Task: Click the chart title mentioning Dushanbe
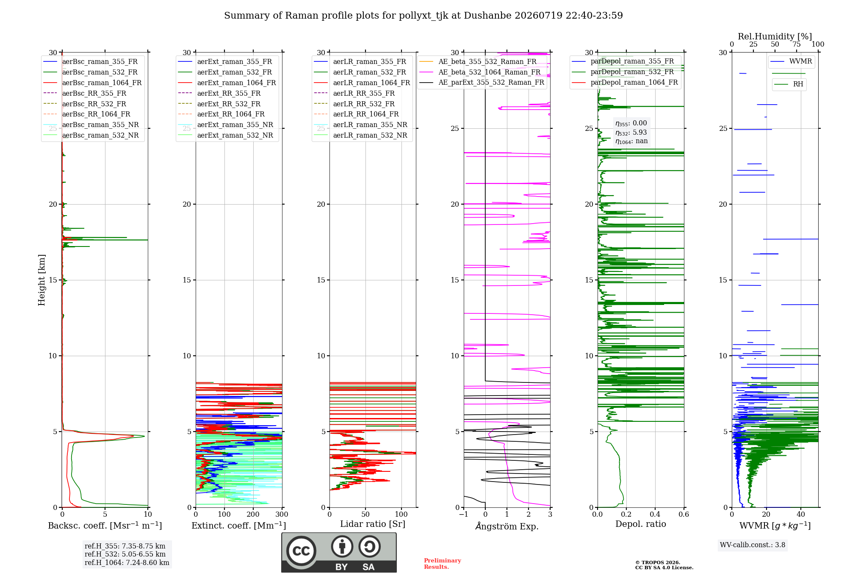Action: pyautogui.click(x=423, y=16)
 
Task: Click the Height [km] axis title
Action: pyautogui.click(x=42, y=280)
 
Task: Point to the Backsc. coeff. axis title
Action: pyautogui.click(x=105, y=526)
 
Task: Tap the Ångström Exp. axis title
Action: pyautogui.click(x=507, y=526)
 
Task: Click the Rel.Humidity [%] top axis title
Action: pyautogui.click(x=775, y=36)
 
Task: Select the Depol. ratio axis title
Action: pyautogui.click(x=641, y=524)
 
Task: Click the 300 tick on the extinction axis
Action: pyautogui.click(x=282, y=515)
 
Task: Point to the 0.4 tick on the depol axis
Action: pyautogui.click(x=655, y=515)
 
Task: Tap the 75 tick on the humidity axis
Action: pyautogui.click(x=797, y=44)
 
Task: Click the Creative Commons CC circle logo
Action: pyautogui.click(x=301, y=551)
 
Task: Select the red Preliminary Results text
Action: pyautogui.click(x=443, y=564)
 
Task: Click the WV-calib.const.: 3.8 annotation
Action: pyautogui.click(x=753, y=545)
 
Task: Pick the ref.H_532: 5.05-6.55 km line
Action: pyautogui.click(x=125, y=554)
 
